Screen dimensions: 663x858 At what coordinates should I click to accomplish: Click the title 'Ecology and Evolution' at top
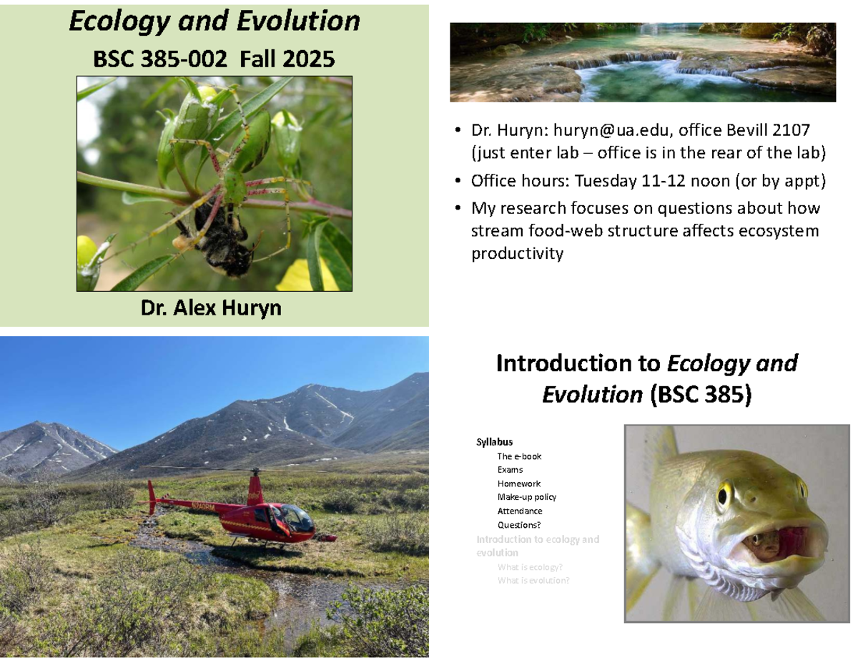pyautogui.click(x=214, y=22)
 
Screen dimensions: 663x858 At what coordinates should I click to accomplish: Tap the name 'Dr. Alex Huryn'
pyautogui.click(x=211, y=308)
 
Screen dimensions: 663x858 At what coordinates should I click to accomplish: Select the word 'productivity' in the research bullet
pyautogui.click(x=517, y=254)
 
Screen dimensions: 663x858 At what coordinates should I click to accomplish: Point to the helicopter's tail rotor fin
pyautogui.click(x=151, y=496)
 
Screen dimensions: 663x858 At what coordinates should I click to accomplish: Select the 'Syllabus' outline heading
pyautogui.click(x=494, y=442)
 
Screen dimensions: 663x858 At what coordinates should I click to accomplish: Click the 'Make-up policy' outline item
pyautogui.click(x=526, y=497)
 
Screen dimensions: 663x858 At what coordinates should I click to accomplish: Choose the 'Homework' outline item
pyautogui.click(x=519, y=483)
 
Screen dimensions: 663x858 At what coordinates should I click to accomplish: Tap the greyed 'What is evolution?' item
pyautogui.click(x=533, y=581)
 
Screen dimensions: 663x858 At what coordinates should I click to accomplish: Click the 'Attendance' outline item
pyautogui.click(x=520, y=511)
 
